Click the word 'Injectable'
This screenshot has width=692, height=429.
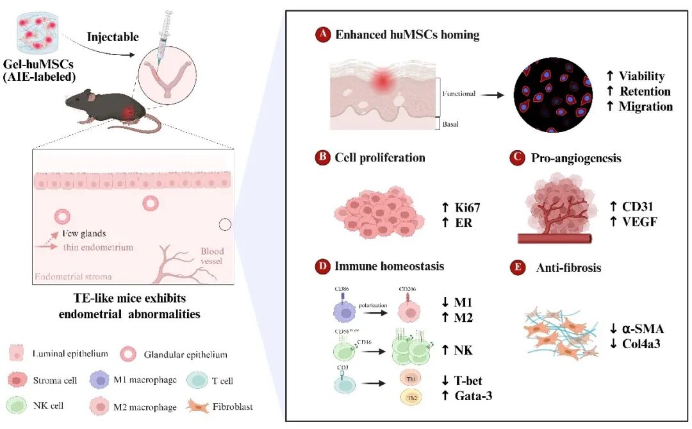coord(112,37)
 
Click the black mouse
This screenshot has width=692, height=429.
coord(109,108)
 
